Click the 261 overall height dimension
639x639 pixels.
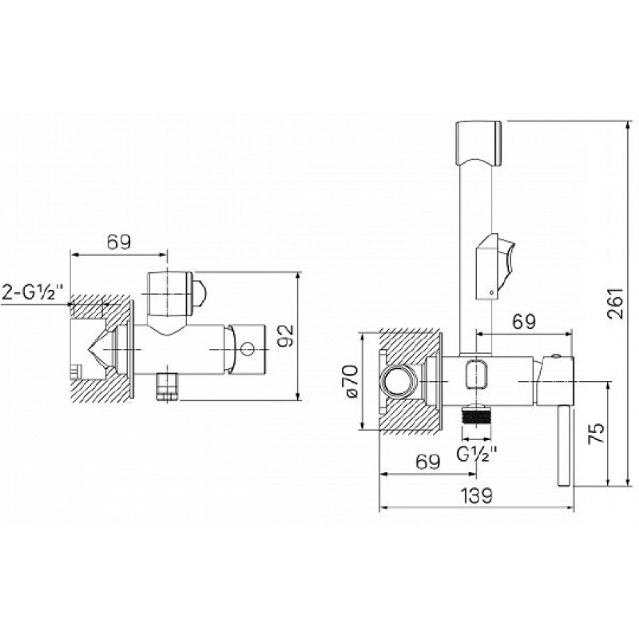pyautogui.click(x=616, y=304)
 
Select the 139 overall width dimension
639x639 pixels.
pyautogui.click(x=476, y=495)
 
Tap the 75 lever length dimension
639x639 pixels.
pyautogui.click(x=595, y=433)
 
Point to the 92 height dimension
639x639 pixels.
pyautogui.click(x=286, y=335)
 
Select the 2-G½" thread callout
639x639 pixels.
pyautogui.click(x=34, y=292)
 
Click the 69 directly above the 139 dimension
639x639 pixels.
pyautogui.click(x=428, y=462)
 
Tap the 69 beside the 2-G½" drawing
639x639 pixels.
pyautogui.click(x=119, y=243)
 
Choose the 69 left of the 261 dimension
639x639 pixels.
pyautogui.click(x=524, y=322)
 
